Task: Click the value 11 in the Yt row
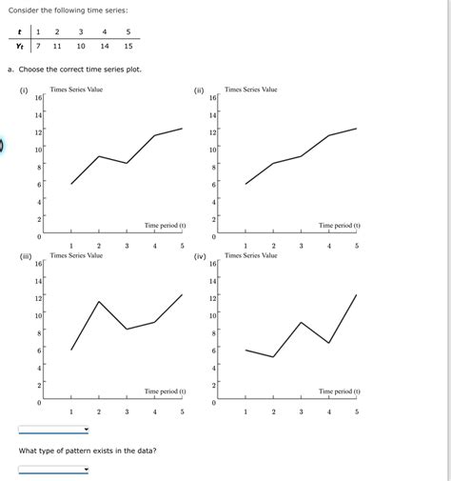pyautogui.click(x=57, y=46)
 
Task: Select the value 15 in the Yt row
pyautogui.click(x=128, y=46)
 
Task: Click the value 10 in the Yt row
pyautogui.click(x=81, y=46)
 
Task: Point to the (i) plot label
pyautogui.click(x=24, y=91)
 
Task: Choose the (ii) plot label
pyautogui.click(x=199, y=91)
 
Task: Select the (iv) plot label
pyautogui.click(x=200, y=256)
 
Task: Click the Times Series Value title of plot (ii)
pyautogui.click(x=251, y=90)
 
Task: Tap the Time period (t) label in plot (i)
pyautogui.click(x=165, y=226)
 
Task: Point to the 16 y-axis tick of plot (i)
pyautogui.click(x=38, y=97)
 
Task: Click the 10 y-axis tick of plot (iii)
pyautogui.click(x=38, y=315)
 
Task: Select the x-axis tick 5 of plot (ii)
pyautogui.click(x=357, y=246)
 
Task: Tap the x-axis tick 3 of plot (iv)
pyautogui.click(x=301, y=411)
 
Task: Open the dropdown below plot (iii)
pyautogui.click(x=53, y=430)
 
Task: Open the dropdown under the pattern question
pyautogui.click(x=53, y=469)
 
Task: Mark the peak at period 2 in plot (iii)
pyautogui.click(x=99, y=301)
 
